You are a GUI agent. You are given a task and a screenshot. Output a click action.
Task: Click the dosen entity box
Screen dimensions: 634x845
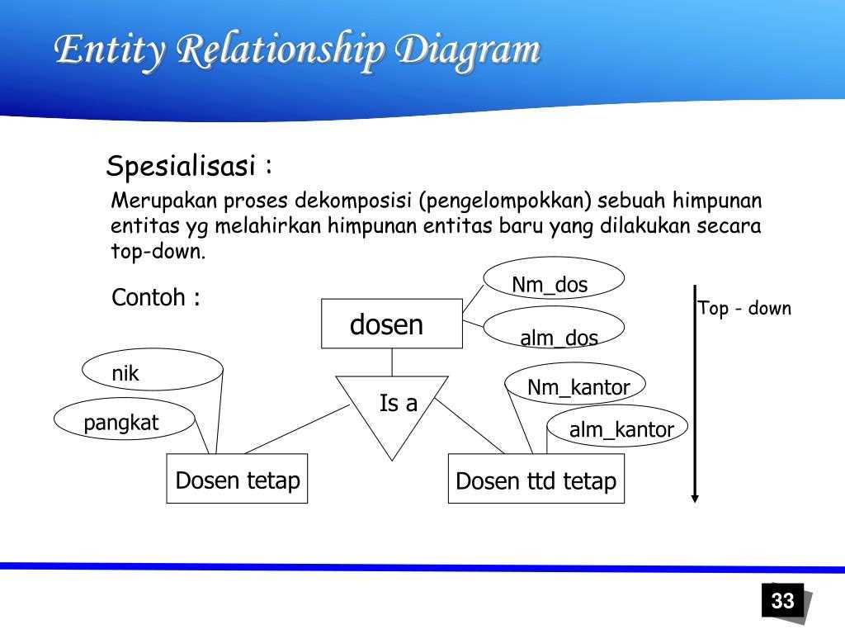[x=391, y=324]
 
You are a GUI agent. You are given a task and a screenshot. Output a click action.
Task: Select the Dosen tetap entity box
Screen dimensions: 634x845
[x=237, y=479]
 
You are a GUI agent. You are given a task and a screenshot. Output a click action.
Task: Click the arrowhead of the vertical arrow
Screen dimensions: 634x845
[x=696, y=497]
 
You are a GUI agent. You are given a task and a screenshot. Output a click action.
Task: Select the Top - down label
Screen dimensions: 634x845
[x=744, y=309]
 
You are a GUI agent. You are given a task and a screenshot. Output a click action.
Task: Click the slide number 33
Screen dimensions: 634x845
[x=782, y=600]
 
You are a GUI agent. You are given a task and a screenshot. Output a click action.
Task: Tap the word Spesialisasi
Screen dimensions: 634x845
[x=182, y=167]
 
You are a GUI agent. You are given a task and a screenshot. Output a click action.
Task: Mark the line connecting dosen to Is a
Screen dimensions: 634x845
[x=392, y=362]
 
